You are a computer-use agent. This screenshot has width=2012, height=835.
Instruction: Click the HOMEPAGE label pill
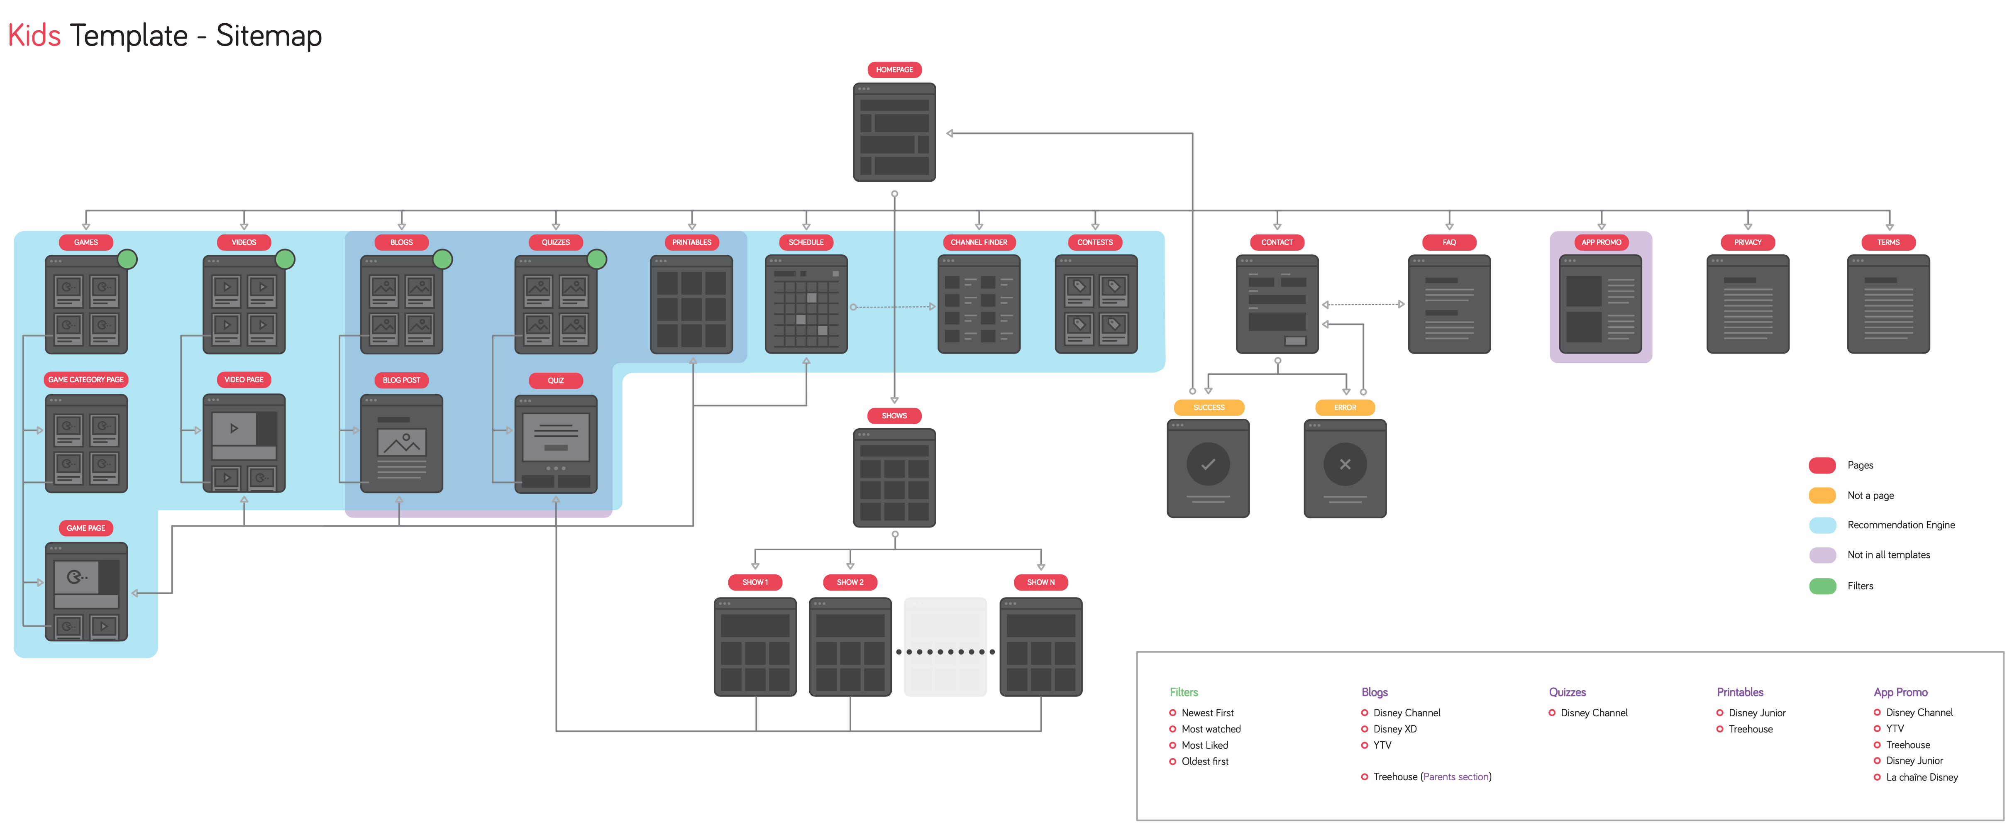(894, 70)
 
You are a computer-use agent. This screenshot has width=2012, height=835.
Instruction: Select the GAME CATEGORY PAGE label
(86, 380)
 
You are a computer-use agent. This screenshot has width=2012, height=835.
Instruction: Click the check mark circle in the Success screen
(1208, 464)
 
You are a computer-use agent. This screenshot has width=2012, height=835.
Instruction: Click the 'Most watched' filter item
(1211, 729)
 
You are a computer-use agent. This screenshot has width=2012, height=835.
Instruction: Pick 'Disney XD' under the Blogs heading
(1394, 729)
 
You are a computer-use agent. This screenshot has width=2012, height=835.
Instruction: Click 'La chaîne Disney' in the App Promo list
(1922, 777)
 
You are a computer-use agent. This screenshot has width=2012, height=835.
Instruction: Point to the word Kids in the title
(34, 36)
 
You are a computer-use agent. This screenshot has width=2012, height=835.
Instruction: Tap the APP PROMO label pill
(1601, 242)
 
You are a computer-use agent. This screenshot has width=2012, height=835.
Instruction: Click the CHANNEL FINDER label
(979, 242)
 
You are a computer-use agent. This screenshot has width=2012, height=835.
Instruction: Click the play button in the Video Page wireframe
(234, 428)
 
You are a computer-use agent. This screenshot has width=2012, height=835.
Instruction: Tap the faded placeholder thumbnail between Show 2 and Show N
(945, 647)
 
